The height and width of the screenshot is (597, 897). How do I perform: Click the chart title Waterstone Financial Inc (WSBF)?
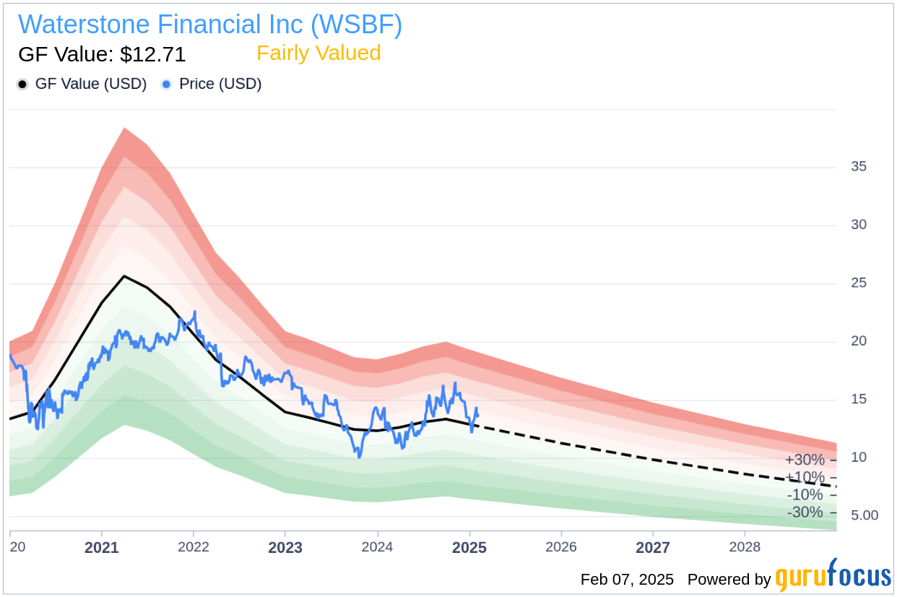[210, 25]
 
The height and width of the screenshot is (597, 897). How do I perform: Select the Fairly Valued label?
[318, 53]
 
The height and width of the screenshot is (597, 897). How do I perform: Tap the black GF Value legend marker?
[22, 85]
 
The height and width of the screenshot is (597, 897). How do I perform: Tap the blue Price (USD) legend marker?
[167, 85]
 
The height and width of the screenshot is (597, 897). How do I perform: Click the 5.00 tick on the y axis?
[864, 515]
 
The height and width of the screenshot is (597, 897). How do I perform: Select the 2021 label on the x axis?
[101, 547]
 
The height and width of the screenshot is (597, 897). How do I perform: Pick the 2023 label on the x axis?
[285, 547]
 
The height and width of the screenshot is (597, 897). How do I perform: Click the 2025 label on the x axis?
[469, 547]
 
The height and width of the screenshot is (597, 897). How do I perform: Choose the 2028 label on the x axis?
[745, 547]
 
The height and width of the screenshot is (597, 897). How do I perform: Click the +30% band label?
[805, 460]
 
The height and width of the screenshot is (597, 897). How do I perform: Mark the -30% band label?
[805, 512]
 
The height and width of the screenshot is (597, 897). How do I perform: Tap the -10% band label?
[805, 495]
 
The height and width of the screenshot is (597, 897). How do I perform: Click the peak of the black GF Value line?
[125, 276]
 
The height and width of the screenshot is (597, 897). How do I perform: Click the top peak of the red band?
[124, 129]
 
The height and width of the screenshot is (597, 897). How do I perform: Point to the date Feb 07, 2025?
[626, 580]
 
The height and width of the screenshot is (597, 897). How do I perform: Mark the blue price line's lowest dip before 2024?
[359, 457]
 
